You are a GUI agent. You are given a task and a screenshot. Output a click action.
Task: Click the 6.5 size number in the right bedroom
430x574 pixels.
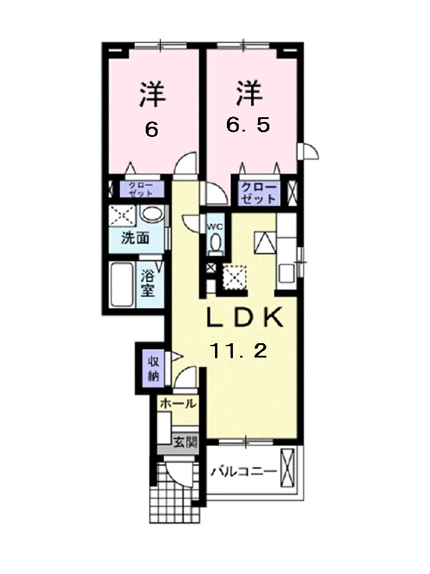tap(248, 125)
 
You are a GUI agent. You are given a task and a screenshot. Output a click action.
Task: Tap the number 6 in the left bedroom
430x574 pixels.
tap(152, 129)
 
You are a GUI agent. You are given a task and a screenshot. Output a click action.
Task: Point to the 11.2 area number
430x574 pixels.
tap(237, 352)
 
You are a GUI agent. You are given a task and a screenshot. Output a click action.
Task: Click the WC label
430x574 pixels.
tap(215, 227)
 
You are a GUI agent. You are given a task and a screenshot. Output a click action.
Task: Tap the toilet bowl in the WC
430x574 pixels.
tap(216, 243)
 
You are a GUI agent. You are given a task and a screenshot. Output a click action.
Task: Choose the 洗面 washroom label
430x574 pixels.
tap(135, 237)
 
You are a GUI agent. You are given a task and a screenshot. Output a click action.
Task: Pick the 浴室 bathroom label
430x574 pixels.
tap(148, 283)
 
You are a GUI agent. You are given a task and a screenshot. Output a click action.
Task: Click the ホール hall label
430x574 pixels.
tap(177, 404)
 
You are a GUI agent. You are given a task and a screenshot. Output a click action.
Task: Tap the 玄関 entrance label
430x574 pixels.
tap(185, 442)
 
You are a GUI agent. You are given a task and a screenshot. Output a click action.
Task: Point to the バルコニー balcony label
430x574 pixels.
tap(244, 472)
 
